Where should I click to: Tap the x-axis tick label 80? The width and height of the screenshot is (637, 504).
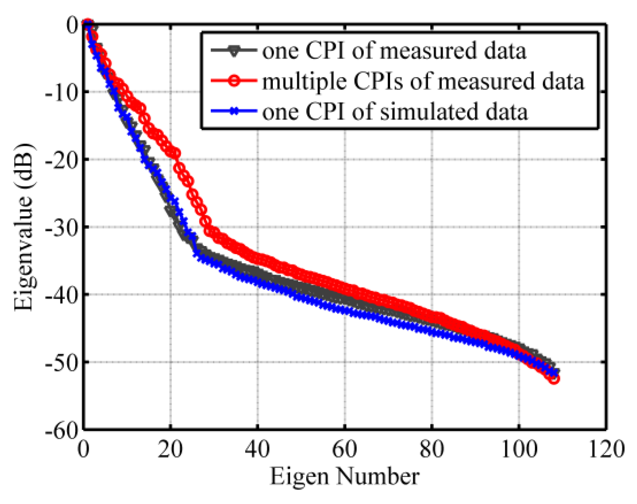432,449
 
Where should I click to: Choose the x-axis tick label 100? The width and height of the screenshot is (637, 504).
519,449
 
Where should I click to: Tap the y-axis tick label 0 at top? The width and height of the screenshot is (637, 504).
73,25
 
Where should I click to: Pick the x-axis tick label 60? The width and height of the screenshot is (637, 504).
344,449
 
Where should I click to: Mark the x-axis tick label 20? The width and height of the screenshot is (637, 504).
170,449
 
